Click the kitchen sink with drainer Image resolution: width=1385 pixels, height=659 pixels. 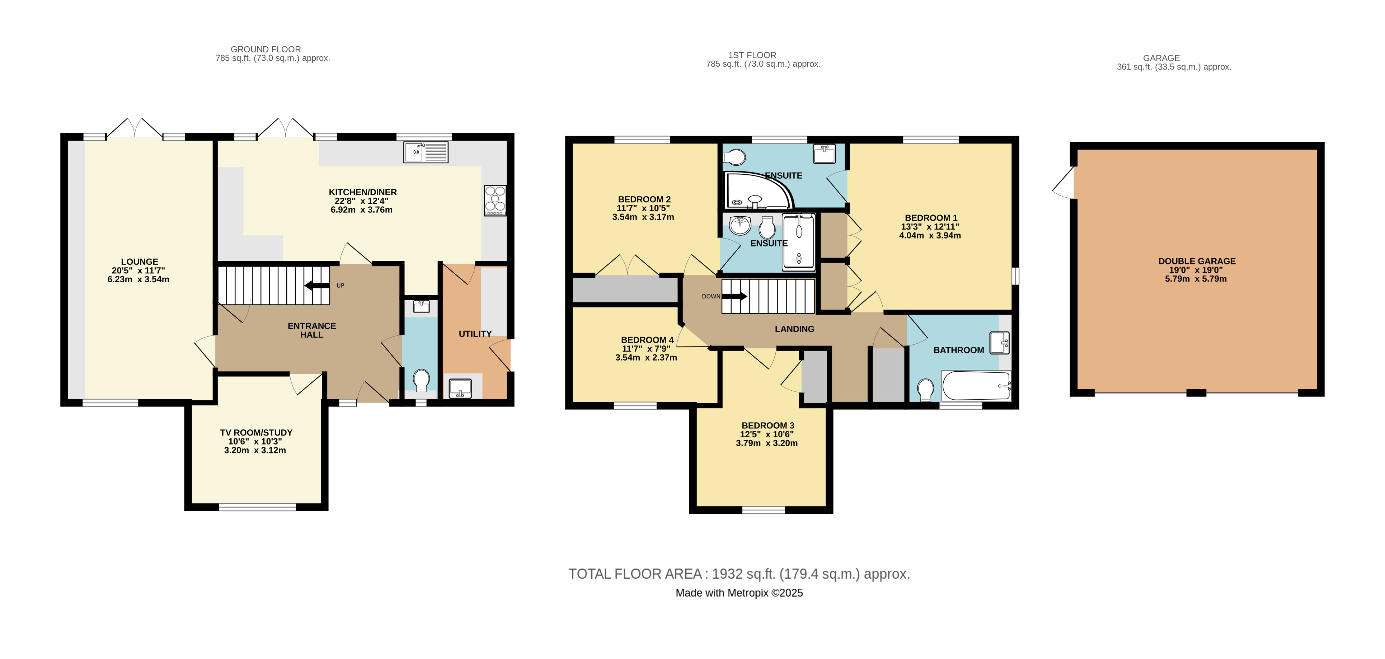pyautogui.click(x=425, y=152)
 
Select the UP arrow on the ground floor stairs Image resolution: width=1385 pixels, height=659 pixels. pyautogui.click(x=317, y=286)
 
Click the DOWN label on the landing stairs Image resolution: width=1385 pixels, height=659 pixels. pyautogui.click(x=711, y=296)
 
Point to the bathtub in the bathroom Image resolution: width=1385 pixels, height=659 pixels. pyautogui.click(x=976, y=385)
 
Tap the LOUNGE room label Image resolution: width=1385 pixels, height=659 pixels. pyautogui.click(x=139, y=262)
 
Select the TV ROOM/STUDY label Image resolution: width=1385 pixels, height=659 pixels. pyautogui.click(x=256, y=433)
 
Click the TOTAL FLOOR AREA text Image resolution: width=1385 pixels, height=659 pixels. pyautogui.click(x=739, y=574)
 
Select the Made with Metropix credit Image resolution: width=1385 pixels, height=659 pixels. pyautogui.click(x=739, y=593)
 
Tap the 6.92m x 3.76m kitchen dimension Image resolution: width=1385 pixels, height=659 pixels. pyautogui.click(x=361, y=210)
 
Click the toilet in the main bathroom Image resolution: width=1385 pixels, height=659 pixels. pyautogui.click(x=925, y=389)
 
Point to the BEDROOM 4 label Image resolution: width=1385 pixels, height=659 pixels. pyautogui.click(x=647, y=340)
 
